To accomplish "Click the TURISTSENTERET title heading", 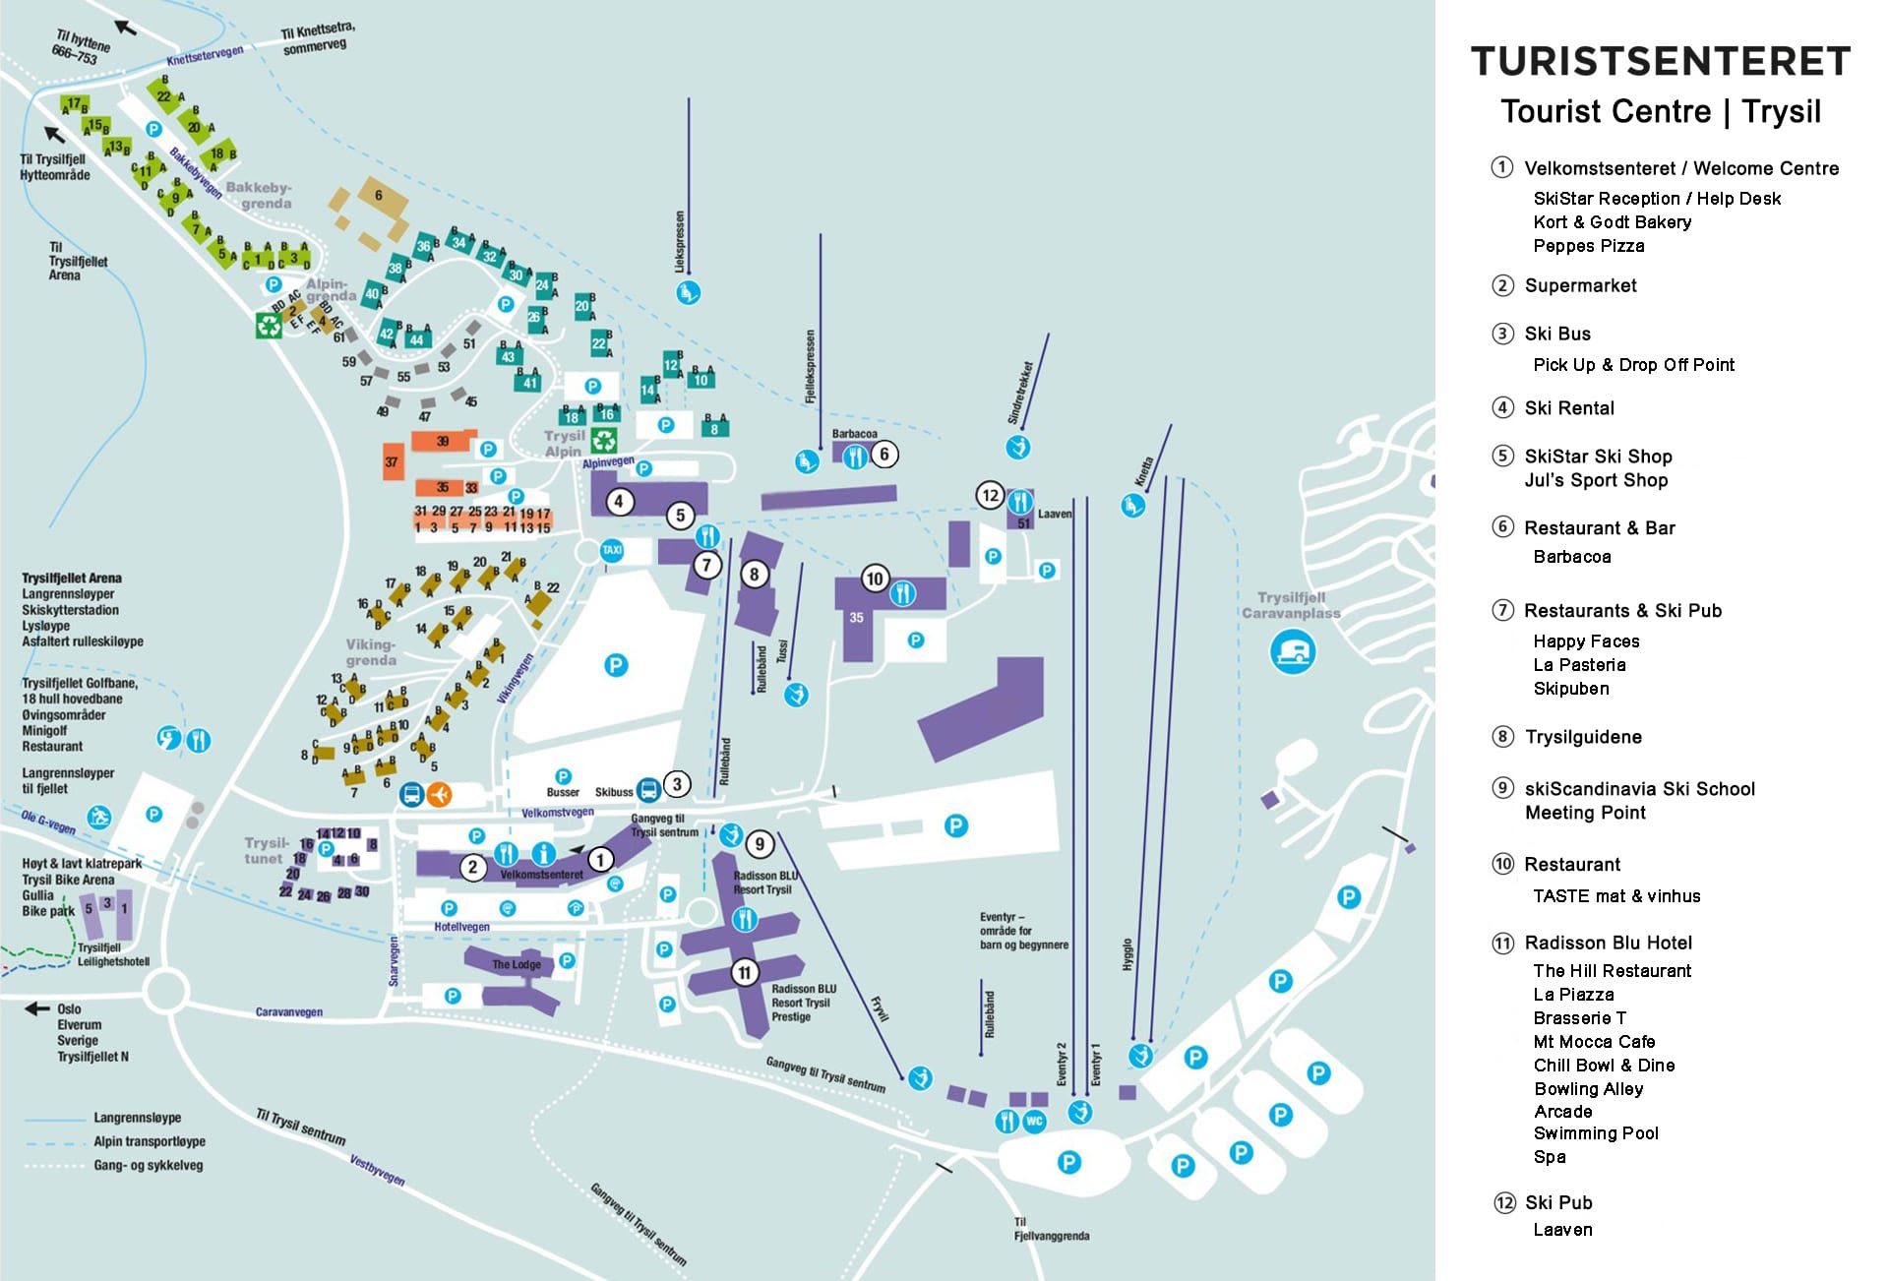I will point(1660,61).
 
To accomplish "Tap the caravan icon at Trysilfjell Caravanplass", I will point(1293,651).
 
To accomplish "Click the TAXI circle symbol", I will point(612,550).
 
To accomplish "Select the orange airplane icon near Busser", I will point(440,793).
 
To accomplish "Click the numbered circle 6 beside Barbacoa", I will point(884,454).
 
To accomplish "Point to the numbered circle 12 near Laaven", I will point(990,495).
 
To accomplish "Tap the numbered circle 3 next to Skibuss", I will point(677,784).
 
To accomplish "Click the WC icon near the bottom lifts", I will point(1034,1121).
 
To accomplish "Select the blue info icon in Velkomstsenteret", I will point(543,853).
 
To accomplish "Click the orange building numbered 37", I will point(393,461).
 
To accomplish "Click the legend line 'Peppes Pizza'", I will point(1588,246).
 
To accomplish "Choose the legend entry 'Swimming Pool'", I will point(1595,1133).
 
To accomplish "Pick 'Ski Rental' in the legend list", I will point(1568,408).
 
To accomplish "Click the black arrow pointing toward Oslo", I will point(37,1008).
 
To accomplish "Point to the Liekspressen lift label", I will point(679,241).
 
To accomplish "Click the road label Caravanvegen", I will point(288,1011).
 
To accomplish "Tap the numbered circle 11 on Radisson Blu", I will point(744,973).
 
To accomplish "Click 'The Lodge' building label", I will point(516,964).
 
